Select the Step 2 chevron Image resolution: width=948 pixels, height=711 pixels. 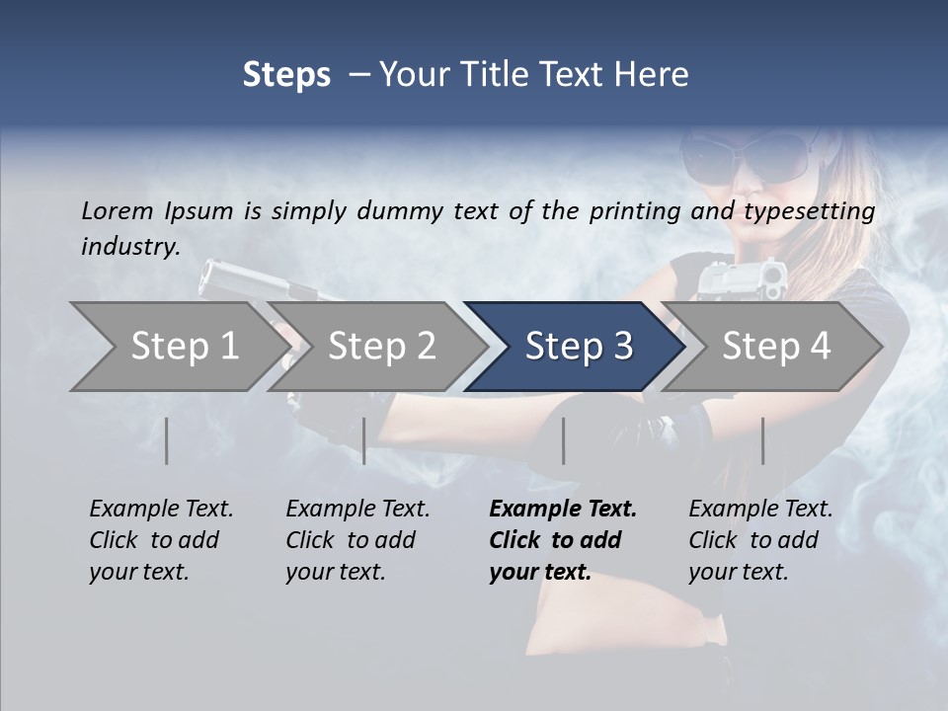[380, 347]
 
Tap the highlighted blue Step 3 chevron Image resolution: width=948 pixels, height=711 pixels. [578, 347]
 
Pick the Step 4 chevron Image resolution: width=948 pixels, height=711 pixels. [775, 347]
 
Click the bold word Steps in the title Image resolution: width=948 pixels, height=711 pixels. [286, 74]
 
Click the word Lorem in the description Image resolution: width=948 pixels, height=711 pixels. [117, 210]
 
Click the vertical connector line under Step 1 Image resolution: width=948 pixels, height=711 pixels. [167, 440]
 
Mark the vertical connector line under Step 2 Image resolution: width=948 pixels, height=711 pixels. [364, 440]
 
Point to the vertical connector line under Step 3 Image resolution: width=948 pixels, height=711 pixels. [563, 440]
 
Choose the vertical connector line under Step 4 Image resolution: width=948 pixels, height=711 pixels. [762, 440]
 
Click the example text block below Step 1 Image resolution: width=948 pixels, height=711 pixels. [161, 540]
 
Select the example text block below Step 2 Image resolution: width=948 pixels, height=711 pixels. [357, 540]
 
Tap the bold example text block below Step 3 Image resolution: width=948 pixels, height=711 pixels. [563, 540]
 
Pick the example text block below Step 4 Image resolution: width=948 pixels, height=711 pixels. [760, 540]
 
